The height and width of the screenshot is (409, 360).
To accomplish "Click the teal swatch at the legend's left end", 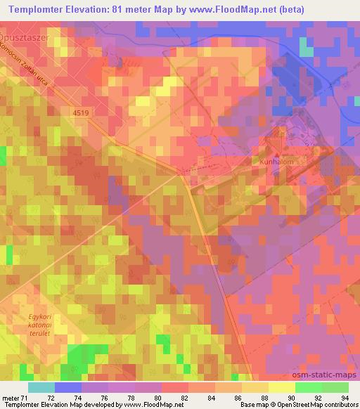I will pyautogui.click(x=41, y=387).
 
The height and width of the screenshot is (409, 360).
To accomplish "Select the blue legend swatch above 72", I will pyautogui.click(x=67, y=387).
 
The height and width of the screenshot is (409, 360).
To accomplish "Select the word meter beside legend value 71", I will pyautogui.click(x=9, y=398).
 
